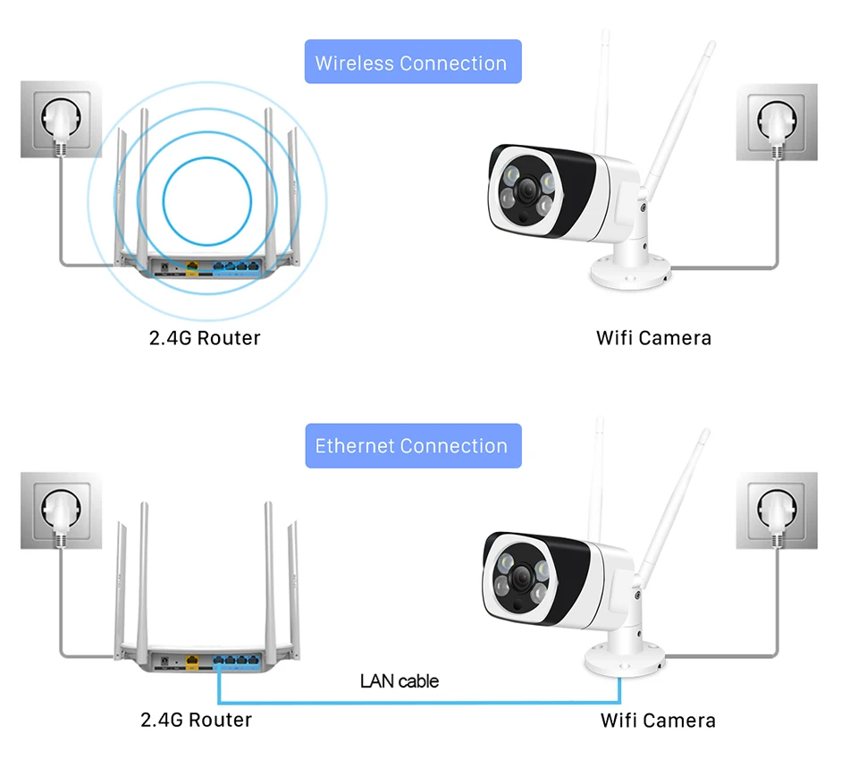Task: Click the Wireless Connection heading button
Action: click(413, 62)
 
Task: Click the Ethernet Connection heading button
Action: click(413, 445)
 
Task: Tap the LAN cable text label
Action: click(400, 681)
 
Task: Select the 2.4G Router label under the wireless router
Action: click(205, 338)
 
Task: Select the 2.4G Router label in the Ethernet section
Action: click(197, 720)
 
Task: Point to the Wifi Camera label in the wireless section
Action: click(654, 338)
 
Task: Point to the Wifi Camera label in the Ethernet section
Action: click(658, 721)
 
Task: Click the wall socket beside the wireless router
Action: click(62, 119)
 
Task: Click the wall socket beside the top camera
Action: click(777, 122)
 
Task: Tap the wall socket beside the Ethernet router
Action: click(62, 511)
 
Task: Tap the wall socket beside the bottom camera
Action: click(777, 511)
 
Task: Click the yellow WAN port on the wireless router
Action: click(192, 267)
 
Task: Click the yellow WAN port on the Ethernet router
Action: click(192, 662)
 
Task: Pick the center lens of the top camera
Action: click(527, 190)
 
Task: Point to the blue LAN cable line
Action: click(419, 702)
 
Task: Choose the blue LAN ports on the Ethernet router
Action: click(236, 661)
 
